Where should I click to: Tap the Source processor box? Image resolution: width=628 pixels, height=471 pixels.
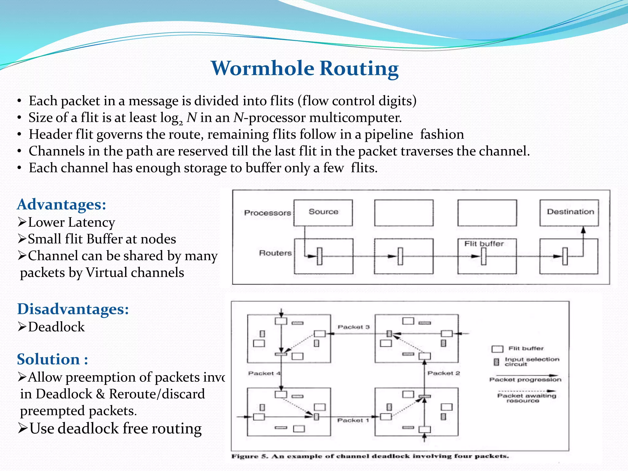point(323,213)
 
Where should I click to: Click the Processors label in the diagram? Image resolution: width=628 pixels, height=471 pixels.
point(267,213)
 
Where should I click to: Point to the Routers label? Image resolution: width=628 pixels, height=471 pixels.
point(275,253)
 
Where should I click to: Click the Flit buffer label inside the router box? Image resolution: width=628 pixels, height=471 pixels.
point(484,244)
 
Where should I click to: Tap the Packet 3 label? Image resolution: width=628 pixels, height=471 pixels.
point(354,327)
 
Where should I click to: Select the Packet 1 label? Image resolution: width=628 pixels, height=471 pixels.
point(353,420)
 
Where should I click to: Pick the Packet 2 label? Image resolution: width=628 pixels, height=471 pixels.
point(443,373)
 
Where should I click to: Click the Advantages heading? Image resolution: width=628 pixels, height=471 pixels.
point(61,205)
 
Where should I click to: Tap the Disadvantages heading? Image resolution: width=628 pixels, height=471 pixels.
point(73,309)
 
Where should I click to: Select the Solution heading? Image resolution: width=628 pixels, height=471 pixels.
point(52,359)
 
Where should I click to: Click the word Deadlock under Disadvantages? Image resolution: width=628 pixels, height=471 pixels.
point(56,327)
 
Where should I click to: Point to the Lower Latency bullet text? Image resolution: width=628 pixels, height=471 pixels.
point(71,222)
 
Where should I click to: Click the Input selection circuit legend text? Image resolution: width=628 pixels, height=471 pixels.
point(531,362)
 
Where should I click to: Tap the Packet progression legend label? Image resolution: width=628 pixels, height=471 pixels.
point(525,380)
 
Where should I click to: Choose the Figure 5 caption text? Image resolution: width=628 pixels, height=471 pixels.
point(370,456)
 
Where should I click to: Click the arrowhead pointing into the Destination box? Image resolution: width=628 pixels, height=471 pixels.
point(583,230)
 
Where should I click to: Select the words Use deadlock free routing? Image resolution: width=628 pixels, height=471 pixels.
point(115,429)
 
